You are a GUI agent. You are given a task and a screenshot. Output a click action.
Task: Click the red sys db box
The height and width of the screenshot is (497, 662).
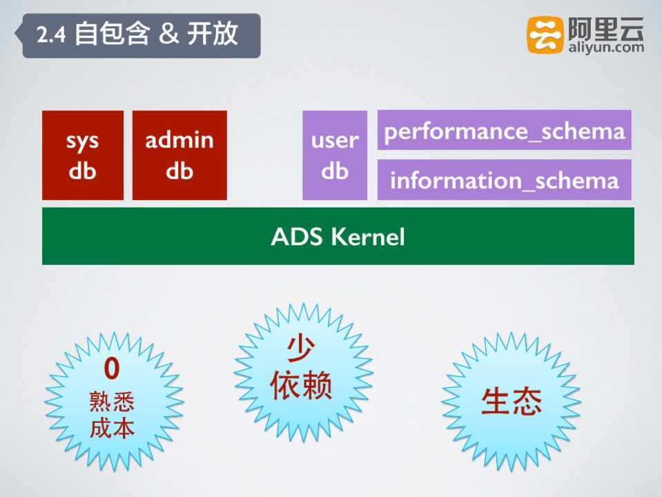tap(83, 155)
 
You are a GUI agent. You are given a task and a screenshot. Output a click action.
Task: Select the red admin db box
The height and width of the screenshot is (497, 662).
tap(179, 155)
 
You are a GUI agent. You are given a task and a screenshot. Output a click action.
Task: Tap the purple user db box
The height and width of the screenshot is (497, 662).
tap(335, 155)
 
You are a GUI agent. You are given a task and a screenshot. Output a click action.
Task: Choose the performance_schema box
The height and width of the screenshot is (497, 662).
tap(504, 130)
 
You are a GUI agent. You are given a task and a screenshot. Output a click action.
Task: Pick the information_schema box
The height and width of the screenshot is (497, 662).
tap(504, 180)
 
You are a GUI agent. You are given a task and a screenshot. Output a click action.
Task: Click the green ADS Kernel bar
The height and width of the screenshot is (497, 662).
tap(338, 236)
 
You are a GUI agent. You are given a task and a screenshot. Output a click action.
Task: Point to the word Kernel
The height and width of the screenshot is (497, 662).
tap(368, 237)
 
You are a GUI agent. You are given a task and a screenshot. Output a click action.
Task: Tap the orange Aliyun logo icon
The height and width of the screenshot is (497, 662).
tap(545, 35)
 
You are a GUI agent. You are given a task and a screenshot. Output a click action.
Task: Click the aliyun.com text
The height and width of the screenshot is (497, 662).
tap(606, 48)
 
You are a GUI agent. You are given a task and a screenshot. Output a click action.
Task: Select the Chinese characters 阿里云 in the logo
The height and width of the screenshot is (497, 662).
tap(606, 28)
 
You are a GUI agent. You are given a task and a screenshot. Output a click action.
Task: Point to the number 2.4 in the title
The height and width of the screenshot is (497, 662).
tap(51, 35)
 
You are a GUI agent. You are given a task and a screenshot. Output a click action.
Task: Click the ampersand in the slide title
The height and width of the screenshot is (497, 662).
tap(169, 35)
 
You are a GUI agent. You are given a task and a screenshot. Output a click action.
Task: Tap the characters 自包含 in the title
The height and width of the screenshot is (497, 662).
tap(113, 34)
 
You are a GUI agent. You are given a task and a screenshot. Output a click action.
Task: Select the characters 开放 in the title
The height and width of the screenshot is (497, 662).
tap(213, 34)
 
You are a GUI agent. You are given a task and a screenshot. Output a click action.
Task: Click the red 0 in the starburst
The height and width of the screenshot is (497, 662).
tap(112, 368)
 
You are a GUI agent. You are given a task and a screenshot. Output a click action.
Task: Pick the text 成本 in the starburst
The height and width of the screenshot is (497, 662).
tap(112, 428)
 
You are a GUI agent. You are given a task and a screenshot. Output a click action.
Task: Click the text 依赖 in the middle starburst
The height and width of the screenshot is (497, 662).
tap(300, 384)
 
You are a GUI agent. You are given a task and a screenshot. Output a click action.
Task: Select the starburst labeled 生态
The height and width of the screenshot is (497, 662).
tap(512, 401)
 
